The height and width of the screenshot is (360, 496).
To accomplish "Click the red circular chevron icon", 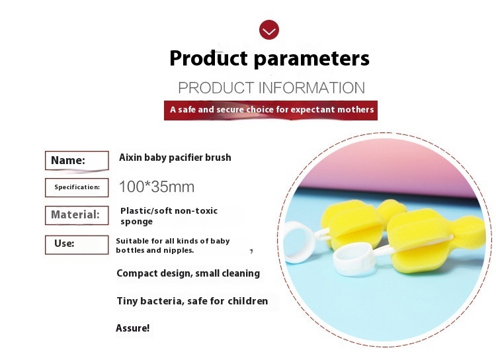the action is point(269,30).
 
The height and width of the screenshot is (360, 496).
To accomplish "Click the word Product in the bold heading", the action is point(208,58).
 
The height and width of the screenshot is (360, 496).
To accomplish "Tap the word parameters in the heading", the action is point(311,60).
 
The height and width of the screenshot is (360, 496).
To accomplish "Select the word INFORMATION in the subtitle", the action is point(311,88).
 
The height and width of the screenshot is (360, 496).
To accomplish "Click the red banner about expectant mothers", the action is point(270,111).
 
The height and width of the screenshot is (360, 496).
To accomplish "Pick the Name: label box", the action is point(77,161).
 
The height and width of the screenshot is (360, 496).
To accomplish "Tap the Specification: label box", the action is point(77,187).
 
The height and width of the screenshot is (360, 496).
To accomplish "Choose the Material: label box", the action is point(77,215).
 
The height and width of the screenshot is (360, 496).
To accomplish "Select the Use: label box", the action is point(77,244).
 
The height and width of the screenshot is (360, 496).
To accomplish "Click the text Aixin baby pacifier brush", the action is point(175,157).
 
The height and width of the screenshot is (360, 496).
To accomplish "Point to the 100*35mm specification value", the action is point(157,187).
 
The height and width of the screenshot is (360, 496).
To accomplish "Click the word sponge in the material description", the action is point(136,222).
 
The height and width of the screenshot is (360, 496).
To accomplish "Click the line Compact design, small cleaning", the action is point(188,273).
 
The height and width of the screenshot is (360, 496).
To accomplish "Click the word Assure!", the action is point(132,328).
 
